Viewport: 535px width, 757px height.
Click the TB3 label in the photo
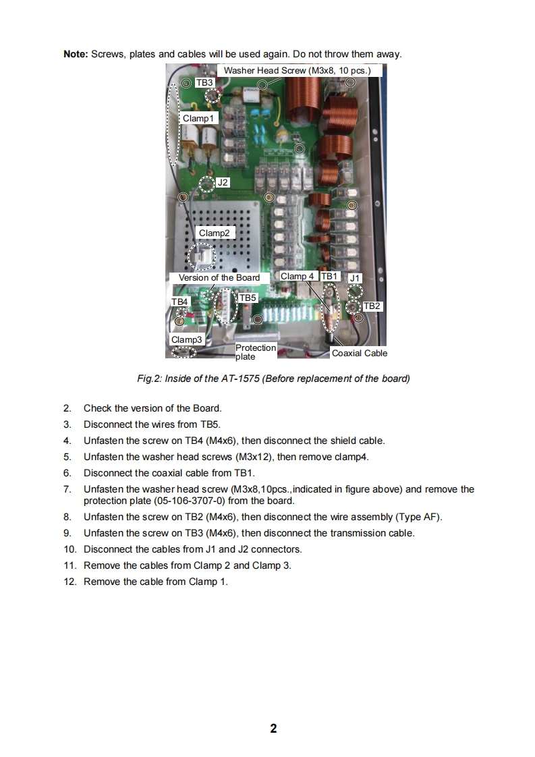tap(204, 82)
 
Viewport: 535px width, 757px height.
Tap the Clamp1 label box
tap(200, 118)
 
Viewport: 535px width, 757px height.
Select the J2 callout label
tap(223, 182)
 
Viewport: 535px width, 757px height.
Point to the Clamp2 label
tap(214, 233)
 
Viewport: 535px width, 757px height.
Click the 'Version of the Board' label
tap(219, 277)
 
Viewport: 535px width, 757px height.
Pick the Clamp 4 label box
tap(297, 276)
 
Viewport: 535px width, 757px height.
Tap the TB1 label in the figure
tap(329, 276)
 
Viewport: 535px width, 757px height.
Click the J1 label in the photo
tap(356, 277)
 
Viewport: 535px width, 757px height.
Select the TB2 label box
tap(372, 306)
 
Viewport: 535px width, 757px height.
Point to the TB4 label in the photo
tap(179, 302)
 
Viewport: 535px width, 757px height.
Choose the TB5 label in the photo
tap(248, 298)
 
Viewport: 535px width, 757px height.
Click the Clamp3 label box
tap(186, 339)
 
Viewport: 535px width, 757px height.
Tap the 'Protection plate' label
tap(255, 352)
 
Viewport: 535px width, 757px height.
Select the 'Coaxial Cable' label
tap(360, 353)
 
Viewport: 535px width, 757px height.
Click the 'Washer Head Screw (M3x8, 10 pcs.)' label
tap(302, 70)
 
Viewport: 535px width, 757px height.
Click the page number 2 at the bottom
tap(273, 728)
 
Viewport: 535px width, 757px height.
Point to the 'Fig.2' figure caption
tap(273, 378)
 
